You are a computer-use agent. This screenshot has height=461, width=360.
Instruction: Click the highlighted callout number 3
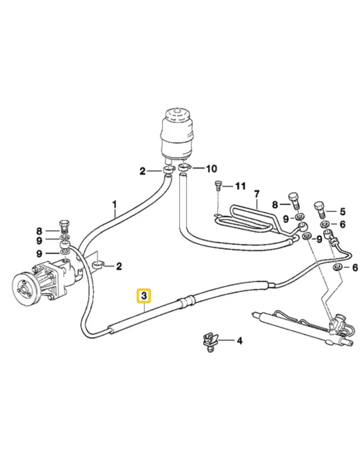(144, 296)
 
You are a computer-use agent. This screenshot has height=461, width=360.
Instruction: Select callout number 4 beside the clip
(239, 341)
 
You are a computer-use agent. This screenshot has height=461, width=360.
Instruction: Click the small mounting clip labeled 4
(208, 341)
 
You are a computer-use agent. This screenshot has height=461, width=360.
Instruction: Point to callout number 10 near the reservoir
(211, 169)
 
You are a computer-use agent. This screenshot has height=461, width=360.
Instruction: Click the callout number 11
(241, 185)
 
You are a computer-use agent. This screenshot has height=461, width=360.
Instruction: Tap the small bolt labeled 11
(219, 185)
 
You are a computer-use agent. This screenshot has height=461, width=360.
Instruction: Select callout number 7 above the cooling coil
(257, 194)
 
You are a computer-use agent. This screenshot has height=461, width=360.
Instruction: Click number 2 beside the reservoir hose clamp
(142, 171)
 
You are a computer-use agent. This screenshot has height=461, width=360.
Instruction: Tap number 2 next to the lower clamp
(119, 267)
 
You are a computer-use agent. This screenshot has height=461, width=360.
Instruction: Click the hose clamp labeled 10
(184, 168)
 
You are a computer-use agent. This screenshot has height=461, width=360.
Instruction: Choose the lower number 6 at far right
(355, 268)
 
